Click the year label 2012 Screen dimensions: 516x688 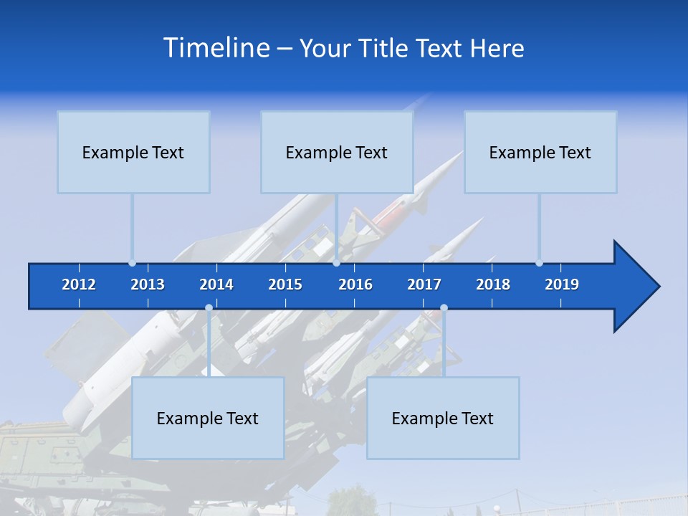pyautogui.click(x=79, y=285)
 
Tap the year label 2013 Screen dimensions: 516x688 pyautogui.click(x=148, y=285)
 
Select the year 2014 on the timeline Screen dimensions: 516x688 pyautogui.click(x=216, y=285)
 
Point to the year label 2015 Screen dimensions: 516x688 pyautogui.click(x=285, y=285)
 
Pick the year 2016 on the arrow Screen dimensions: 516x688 pyautogui.click(x=355, y=285)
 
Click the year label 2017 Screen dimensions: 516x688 pyautogui.click(x=424, y=285)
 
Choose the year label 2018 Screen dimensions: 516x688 pyautogui.click(x=493, y=285)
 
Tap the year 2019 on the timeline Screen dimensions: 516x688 pyautogui.click(x=562, y=285)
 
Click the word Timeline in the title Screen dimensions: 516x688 pyautogui.click(x=216, y=48)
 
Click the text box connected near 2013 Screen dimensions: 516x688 pyautogui.click(x=133, y=152)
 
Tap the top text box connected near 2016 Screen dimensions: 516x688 pyautogui.click(x=337, y=152)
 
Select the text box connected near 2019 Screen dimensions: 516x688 pyautogui.click(x=540, y=152)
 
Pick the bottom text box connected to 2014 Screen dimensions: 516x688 pyautogui.click(x=208, y=418)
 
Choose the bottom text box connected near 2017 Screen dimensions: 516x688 pyautogui.click(x=443, y=418)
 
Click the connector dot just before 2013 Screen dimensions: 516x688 pyautogui.click(x=132, y=263)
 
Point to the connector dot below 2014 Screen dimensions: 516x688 pyautogui.click(x=209, y=308)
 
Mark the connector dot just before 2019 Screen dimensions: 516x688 pyautogui.click(x=539, y=263)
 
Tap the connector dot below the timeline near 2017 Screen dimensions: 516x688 pyautogui.click(x=444, y=308)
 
